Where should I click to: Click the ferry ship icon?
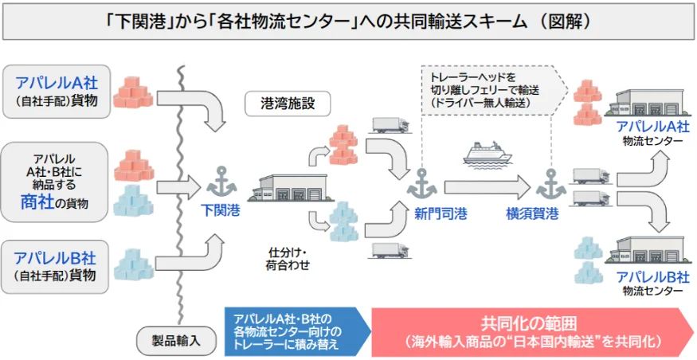pyautogui.click(x=488, y=155)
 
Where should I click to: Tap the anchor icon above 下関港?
pyautogui.click(x=221, y=182)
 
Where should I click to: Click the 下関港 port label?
pyautogui.click(x=221, y=210)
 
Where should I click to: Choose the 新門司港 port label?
pyautogui.click(x=441, y=215)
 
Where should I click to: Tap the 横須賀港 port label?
pyautogui.click(x=532, y=215)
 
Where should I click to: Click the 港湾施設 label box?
pyautogui.click(x=288, y=104)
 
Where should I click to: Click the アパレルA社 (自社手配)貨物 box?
pyautogui.click(x=57, y=92)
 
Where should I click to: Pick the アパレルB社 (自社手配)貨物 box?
pyautogui.click(x=55, y=267)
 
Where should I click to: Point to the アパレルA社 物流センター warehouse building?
pyautogui.click(x=649, y=103)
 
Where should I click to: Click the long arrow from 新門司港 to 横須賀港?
pyautogui.click(x=488, y=187)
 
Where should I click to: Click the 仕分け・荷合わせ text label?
pyautogui.click(x=288, y=259)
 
